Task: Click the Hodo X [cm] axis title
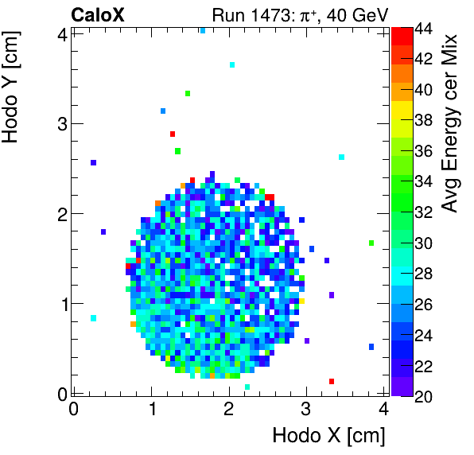(x=328, y=436)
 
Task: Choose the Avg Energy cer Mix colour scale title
(x=450, y=123)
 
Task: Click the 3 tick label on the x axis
(x=306, y=409)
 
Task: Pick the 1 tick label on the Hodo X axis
(x=151, y=409)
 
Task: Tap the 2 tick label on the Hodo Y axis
(x=59, y=213)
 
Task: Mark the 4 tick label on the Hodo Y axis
(x=59, y=33)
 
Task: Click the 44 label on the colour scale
(x=423, y=28)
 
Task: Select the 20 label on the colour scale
(x=423, y=396)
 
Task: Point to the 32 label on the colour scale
(x=423, y=212)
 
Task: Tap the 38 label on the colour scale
(x=423, y=120)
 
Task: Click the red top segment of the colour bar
(x=401, y=34)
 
